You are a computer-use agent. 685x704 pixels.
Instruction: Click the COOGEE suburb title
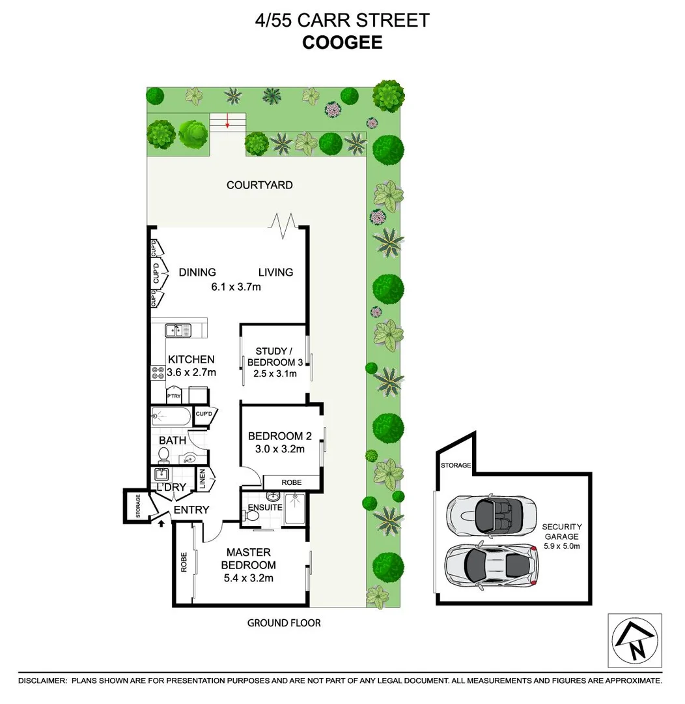(342, 43)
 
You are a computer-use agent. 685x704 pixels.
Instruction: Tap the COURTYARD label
(259, 185)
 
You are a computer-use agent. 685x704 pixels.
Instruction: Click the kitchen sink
(176, 330)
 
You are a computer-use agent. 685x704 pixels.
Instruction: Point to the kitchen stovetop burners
(158, 373)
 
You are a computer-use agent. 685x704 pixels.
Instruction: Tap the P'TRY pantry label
(173, 396)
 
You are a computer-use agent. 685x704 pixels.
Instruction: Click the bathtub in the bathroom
(170, 416)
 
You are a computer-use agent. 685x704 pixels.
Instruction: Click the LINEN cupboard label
(203, 480)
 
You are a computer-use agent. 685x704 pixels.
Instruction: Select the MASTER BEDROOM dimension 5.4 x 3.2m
(248, 578)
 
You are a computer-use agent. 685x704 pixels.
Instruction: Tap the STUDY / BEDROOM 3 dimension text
(275, 374)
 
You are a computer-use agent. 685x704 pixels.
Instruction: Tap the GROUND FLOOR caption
(284, 623)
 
